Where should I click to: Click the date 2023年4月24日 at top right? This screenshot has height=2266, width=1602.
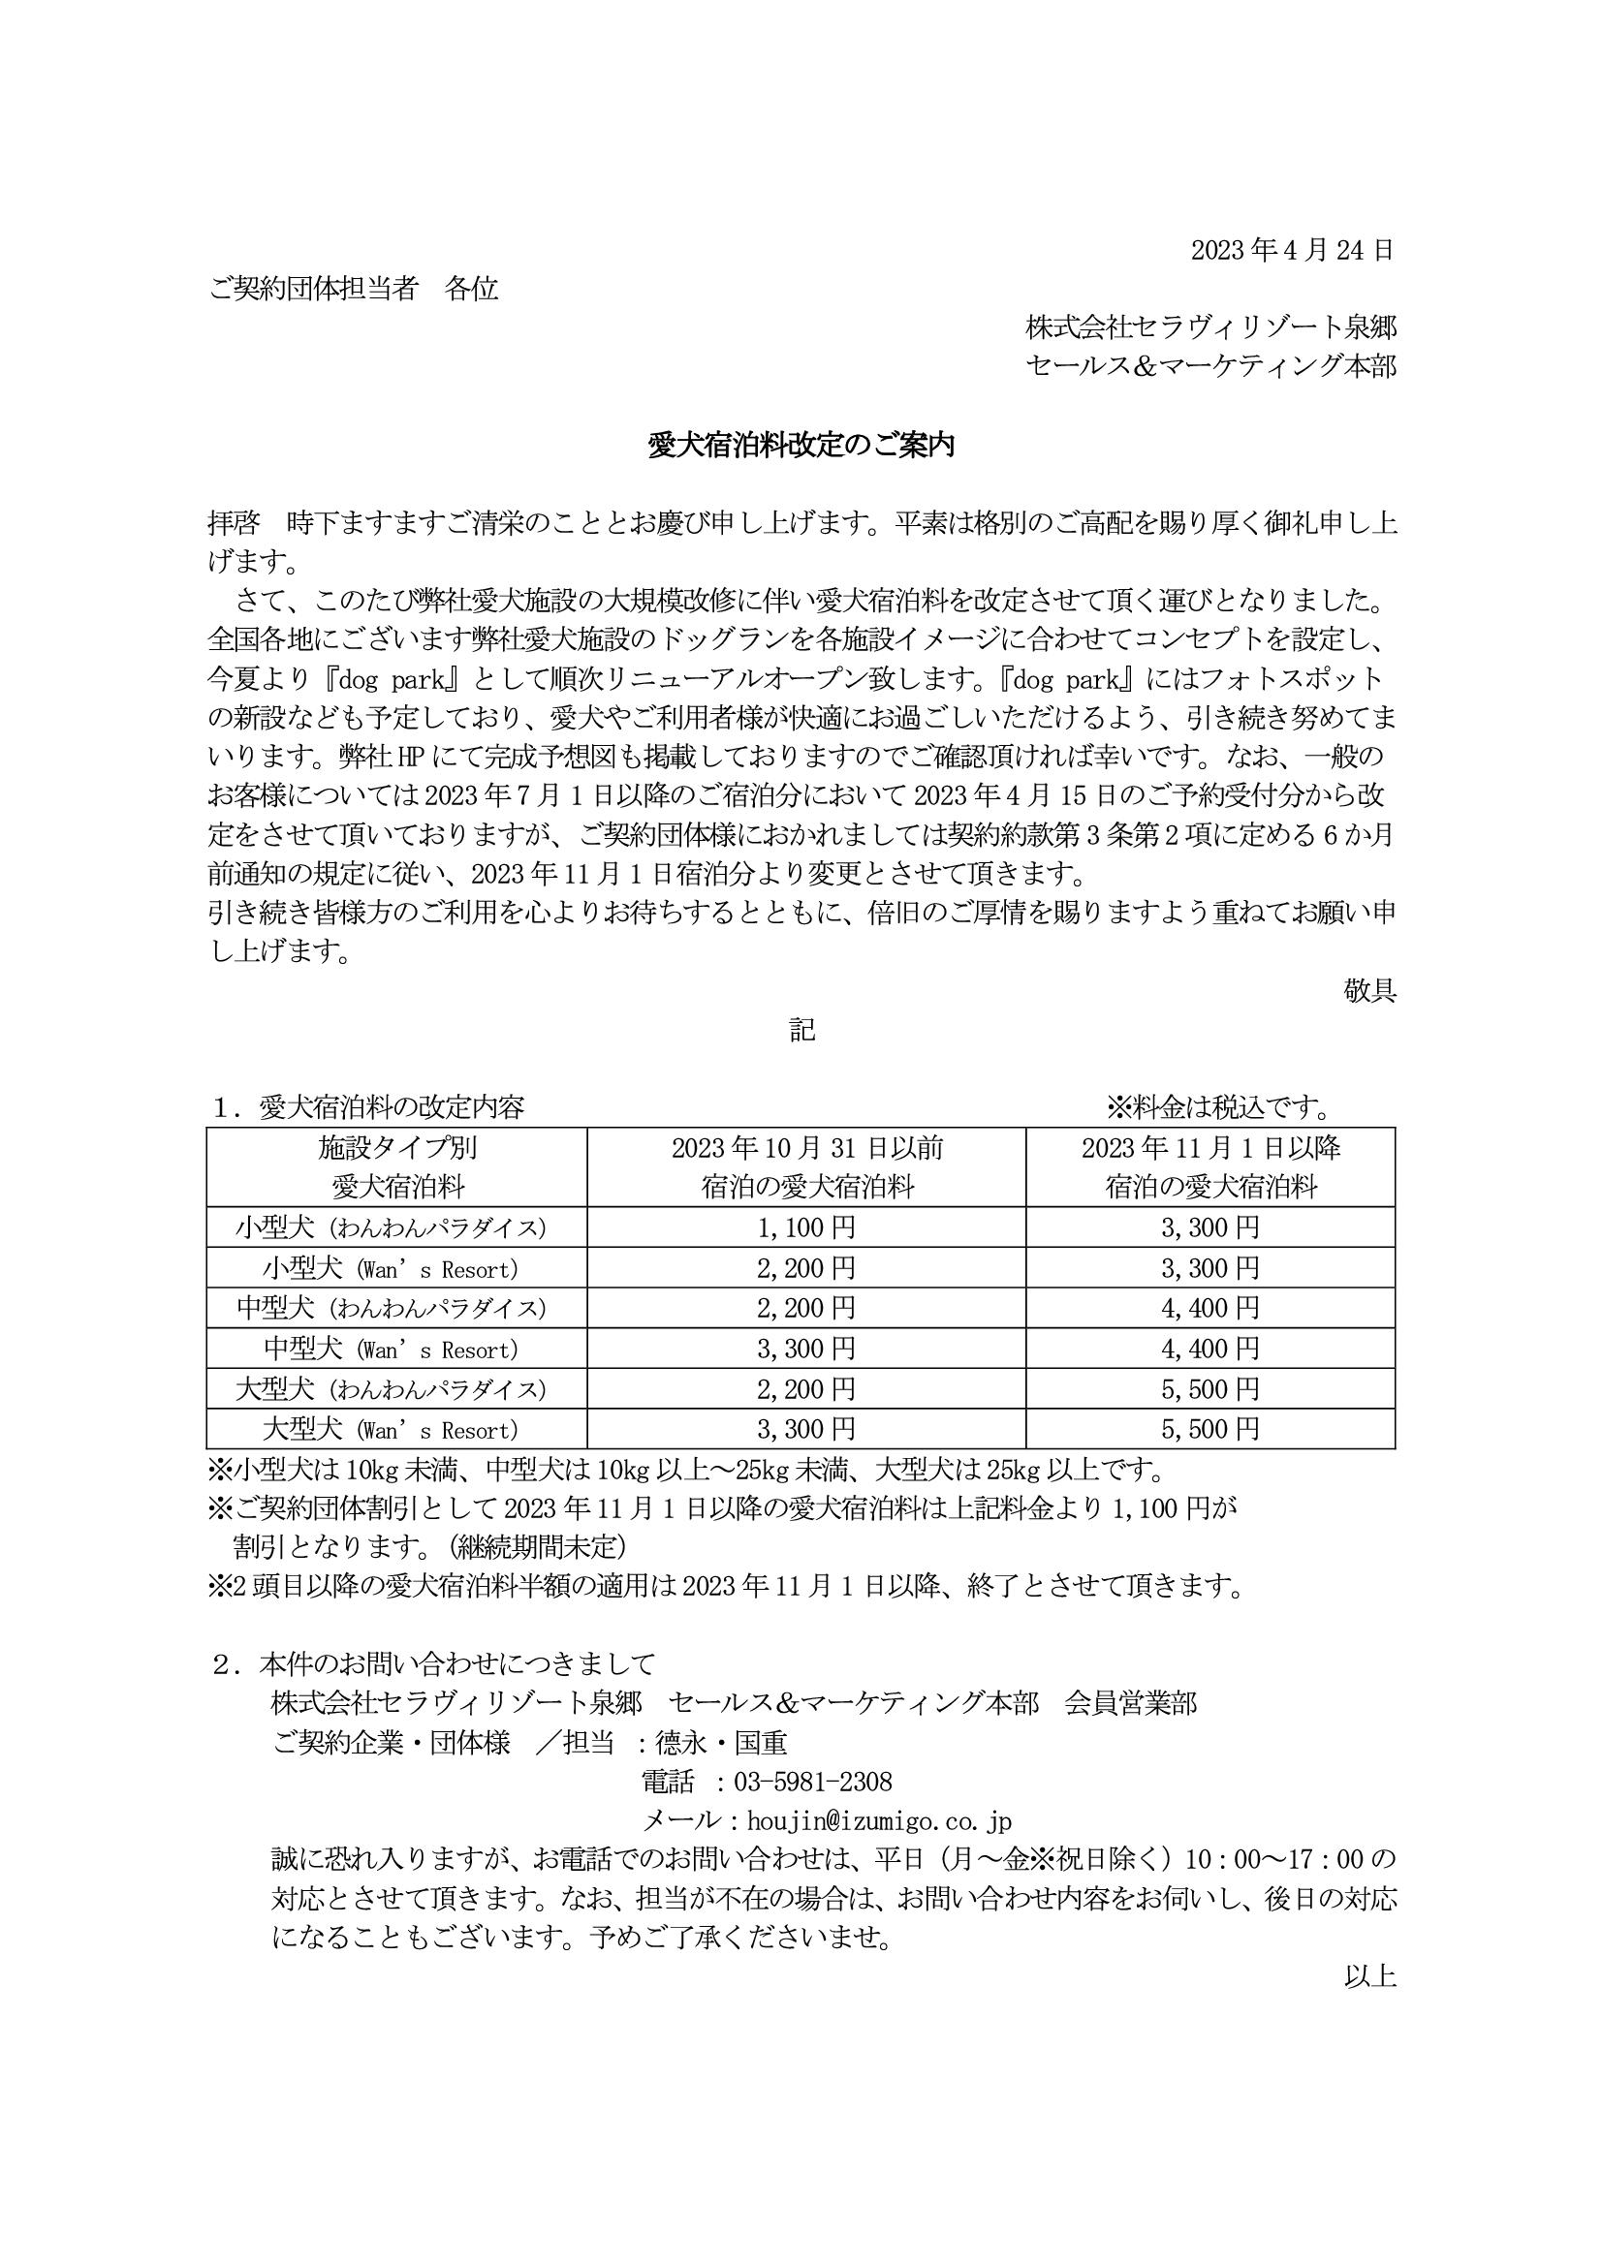click(x=1292, y=251)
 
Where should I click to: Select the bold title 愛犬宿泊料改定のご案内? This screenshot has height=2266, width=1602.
click(x=801, y=446)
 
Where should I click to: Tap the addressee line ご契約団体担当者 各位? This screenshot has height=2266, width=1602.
click(x=354, y=289)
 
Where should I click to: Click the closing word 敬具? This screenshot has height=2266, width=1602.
click(x=1369, y=991)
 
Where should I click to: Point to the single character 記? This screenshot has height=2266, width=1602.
click(x=801, y=1031)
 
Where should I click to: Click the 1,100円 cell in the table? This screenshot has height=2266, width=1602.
click(x=805, y=1227)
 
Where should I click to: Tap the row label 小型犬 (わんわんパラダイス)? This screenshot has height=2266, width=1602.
click(x=391, y=1227)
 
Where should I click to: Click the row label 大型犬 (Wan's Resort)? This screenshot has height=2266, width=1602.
click(x=391, y=1429)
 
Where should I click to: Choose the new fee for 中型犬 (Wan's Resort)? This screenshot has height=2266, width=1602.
click(x=1210, y=1349)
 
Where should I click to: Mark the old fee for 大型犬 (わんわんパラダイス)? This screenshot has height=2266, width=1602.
click(x=805, y=1388)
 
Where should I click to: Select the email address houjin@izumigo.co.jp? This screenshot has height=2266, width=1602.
click(x=878, y=1821)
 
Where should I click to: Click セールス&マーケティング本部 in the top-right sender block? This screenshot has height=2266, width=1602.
click(x=1210, y=366)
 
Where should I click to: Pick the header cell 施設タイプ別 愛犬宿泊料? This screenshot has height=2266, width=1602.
click(x=396, y=1166)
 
